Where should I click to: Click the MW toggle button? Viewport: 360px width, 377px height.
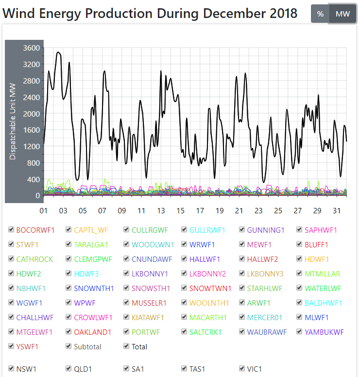coord(343,14)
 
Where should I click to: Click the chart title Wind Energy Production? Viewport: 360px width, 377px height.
coord(150,14)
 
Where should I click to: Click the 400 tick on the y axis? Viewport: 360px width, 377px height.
coord(34,180)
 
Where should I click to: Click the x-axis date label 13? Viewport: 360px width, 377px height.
coord(161,211)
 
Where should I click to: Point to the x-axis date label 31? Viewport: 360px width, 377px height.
coord(337,211)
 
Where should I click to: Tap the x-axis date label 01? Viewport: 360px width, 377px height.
coord(43,211)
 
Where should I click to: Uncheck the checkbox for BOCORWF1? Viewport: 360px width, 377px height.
coord(11,230)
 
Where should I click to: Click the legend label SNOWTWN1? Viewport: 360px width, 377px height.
coord(210,289)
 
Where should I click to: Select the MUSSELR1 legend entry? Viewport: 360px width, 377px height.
coord(149,303)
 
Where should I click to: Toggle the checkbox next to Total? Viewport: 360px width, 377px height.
coord(126,347)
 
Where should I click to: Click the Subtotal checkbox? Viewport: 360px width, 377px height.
coord(69,347)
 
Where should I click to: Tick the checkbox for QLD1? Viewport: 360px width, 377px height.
coord(69,369)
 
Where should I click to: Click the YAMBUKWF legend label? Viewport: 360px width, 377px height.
coord(324,332)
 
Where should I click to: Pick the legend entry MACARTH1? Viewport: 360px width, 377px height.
coord(208,318)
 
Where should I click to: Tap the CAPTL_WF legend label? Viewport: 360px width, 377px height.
coord(92,230)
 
